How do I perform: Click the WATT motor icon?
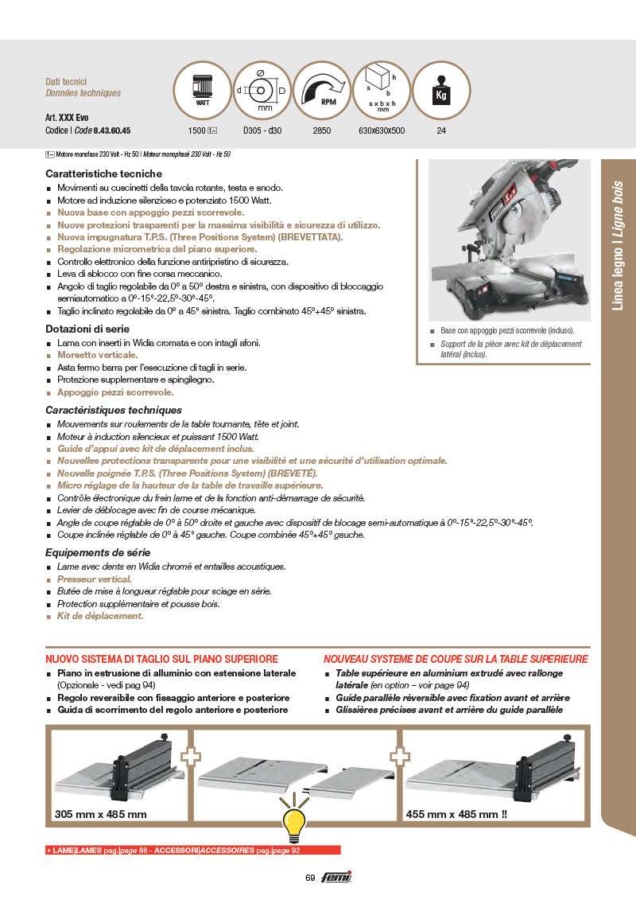[203, 90]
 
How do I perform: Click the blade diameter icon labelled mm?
[262, 90]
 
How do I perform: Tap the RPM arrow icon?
[322, 90]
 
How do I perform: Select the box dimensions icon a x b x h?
[382, 90]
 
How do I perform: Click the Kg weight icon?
[441, 90]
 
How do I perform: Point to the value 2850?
[322, 131]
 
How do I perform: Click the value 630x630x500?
[382, 131]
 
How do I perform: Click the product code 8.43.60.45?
[112, 131]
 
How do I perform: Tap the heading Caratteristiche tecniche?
[103, 173]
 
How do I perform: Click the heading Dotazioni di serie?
[87, 329]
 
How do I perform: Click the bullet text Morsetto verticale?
[97, 355]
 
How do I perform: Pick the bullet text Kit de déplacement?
[100, 616]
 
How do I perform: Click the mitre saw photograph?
[509, 240]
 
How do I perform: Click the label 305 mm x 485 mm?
[101, 814]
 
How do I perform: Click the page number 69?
[310, 878]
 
